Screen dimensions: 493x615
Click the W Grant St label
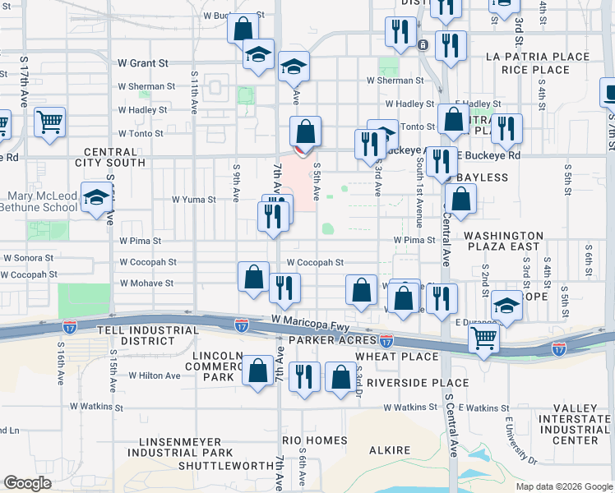coord(143,62)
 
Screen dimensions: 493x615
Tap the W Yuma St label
coord(193,199)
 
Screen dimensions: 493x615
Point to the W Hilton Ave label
coord(154,376)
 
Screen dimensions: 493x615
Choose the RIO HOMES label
coord(315,440)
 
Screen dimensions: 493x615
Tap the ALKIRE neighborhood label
coord(390,450)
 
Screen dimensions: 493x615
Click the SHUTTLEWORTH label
coord(225,466)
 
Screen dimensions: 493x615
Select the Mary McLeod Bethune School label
coord(42,201)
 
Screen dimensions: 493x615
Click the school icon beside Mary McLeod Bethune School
coord(97,199)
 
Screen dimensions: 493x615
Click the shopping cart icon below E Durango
coord(483,337)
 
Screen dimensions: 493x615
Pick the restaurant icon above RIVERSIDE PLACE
coord(305,376)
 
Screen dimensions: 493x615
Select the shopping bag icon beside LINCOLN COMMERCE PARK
coord(258,371)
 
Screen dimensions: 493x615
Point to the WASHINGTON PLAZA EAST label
coord(503,241)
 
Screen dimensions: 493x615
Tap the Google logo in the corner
coord(28,483)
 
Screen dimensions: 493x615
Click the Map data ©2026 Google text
coord(563,486)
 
